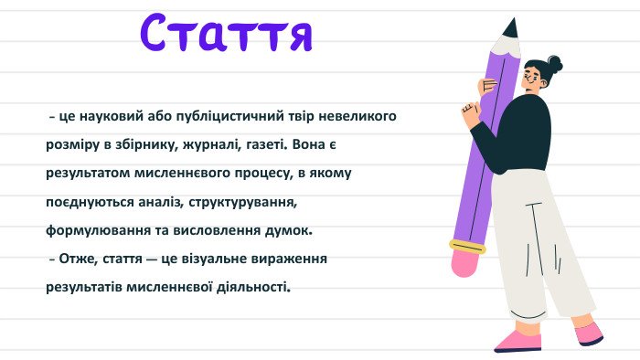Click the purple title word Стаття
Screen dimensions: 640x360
[227, 33]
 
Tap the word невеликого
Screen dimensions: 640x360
[357, 116]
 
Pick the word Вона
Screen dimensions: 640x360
[309, 144]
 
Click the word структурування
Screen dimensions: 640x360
[242, 203]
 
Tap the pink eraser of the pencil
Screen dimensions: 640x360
[465, 262]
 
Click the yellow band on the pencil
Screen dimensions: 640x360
[468, 247]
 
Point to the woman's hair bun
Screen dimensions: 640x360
[554, 64]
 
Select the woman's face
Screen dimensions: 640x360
[530, 79]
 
